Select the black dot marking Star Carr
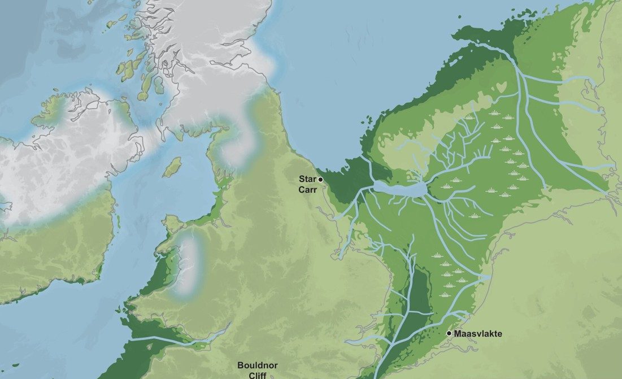pos(320,180)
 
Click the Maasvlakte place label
pos(478,334)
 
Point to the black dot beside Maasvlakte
pos(449,333)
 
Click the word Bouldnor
pos(258,365)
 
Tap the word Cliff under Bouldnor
pos(258,374)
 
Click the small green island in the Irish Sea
pos(172,167)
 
